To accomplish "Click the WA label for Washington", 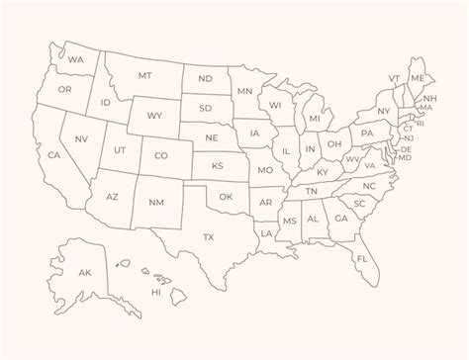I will tap(76, 59).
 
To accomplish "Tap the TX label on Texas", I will tap(209, 237).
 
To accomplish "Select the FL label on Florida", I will tap(362, 259).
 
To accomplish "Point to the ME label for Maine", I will tap(418, 77).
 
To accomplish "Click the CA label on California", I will tap(54, 155).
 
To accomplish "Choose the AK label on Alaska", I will tap(85, 272).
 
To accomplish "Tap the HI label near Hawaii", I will tap(156, 293).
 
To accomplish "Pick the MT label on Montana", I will tap(145, 75).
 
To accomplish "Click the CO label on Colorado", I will tap(161, 155).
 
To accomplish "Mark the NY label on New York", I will tap(384, 111).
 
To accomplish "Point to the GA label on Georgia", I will tap(340, 219).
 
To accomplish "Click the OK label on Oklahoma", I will tap(226, 197).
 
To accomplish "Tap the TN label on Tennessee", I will tap(311, 191).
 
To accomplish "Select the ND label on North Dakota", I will tap(206, 79).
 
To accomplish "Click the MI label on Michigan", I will tap(315, 119).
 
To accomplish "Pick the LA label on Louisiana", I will tap(266, 233).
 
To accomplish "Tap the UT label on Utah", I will tap(120, 149).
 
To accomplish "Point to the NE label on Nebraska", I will tap(211, 136).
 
